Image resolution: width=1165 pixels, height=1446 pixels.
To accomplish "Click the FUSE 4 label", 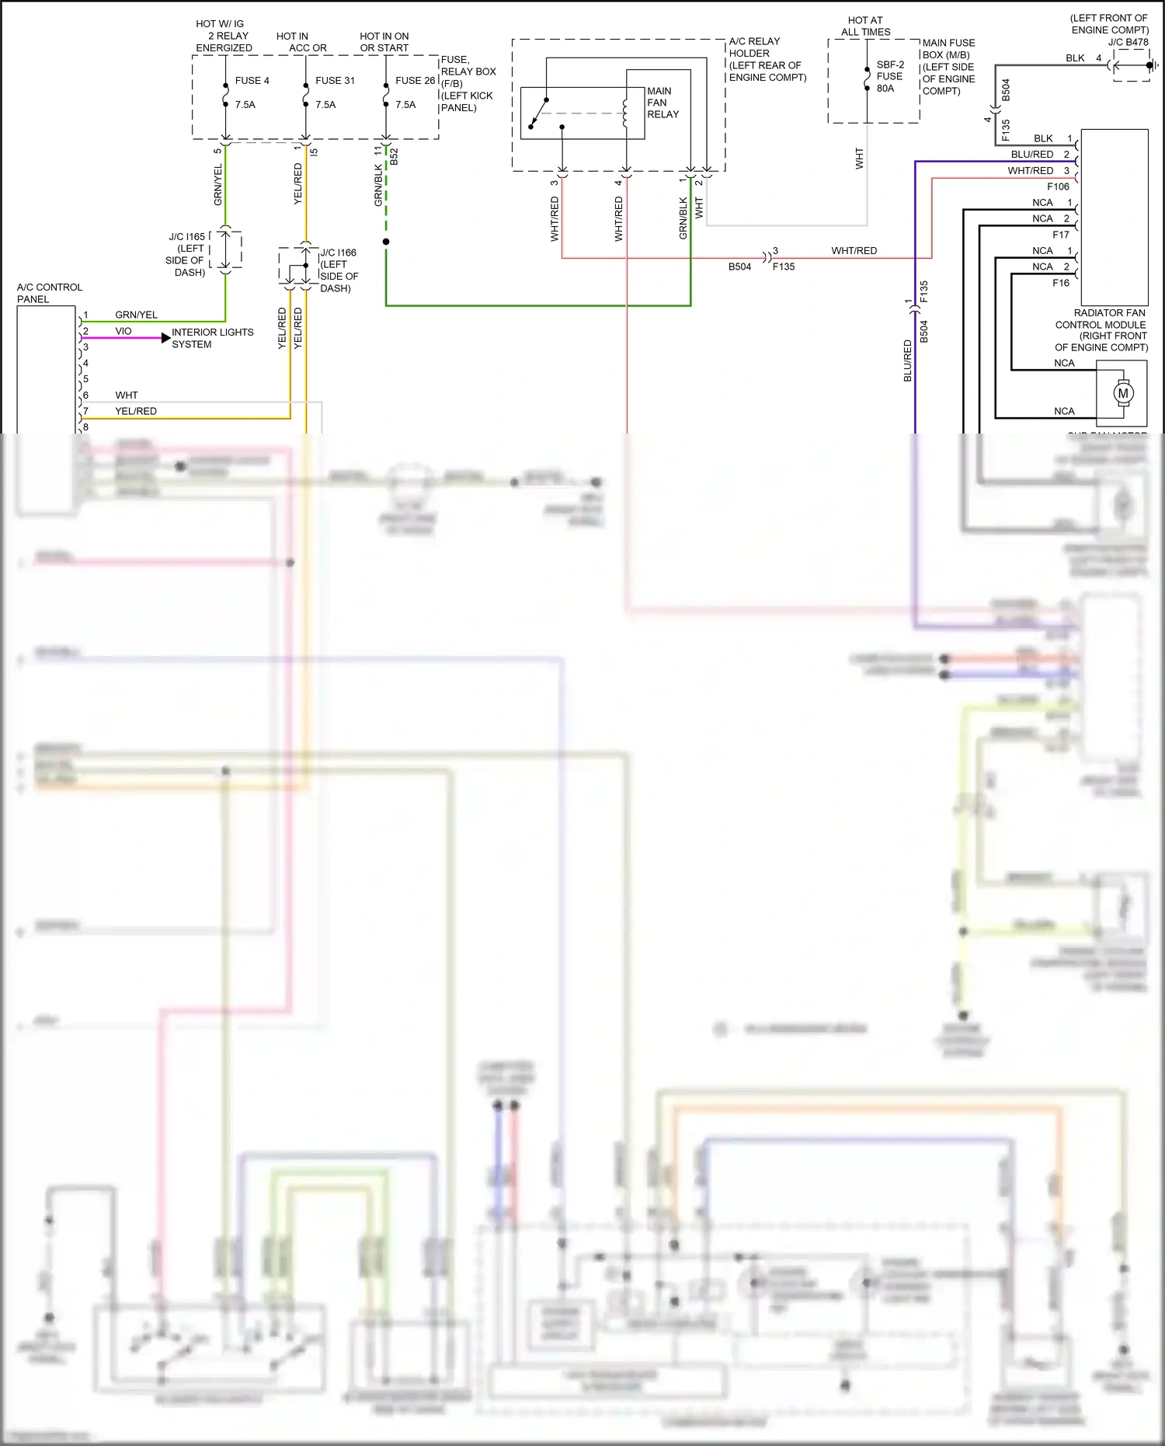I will coord(252,81).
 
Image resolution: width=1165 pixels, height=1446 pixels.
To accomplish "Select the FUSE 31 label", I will coord(335,81).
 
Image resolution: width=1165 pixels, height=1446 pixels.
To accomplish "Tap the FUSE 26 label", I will coord(415,81).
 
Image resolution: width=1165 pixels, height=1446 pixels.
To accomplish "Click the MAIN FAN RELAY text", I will coord(662,103).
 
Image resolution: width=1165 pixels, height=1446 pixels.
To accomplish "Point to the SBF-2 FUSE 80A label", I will coord(890,76).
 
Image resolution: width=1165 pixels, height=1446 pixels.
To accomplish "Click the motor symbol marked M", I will coord(1122,393).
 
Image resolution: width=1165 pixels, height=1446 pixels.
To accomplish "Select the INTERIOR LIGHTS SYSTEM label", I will coord(212,338).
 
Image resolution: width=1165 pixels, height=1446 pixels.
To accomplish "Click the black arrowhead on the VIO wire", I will coord(165,338).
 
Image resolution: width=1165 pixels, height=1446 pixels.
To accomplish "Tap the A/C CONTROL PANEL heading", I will coord(49,293).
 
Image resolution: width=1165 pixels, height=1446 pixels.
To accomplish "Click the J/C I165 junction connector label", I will coord(186,254).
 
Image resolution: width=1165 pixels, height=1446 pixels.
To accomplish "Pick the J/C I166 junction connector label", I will coord(339,270).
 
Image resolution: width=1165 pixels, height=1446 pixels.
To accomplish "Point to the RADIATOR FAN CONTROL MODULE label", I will coord(1101,329).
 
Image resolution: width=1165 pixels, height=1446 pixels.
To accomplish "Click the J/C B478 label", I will coord(1128,43).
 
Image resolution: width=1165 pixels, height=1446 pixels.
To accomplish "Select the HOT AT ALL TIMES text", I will coord(865,26).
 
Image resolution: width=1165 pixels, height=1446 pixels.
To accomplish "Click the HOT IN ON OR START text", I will coord(384,42).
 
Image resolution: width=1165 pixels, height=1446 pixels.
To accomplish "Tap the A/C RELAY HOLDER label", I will coord(766,59).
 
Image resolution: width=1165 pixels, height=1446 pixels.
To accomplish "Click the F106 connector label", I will coord(1058,186).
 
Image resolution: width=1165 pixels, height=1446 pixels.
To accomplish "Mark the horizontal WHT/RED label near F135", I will coord(854,251).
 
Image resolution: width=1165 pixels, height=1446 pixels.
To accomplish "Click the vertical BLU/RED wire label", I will coord(907,361).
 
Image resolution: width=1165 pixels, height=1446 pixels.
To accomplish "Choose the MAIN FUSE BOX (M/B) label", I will coord(948,67).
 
